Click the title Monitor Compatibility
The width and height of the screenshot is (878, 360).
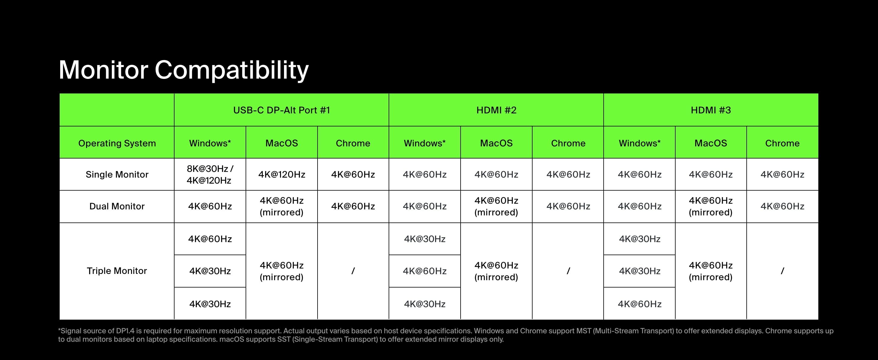click(x=184, y=70)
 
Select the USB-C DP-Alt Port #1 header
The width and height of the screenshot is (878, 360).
click(x=282, y=110)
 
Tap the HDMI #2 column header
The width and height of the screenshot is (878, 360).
click(x=496, y=110)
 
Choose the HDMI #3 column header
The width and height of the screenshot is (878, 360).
click(x=711, y=110)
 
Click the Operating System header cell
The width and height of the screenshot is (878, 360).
click(x=117, y=143)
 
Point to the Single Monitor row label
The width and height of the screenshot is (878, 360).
click(x=117, y=175)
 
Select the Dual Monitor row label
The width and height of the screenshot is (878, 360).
click(x=117, y=206)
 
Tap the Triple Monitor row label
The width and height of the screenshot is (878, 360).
click(x=117, y=271)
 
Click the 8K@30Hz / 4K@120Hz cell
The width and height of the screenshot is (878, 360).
click(x=210, y=175)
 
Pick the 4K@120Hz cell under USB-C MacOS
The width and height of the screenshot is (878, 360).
click(x=282, y=175)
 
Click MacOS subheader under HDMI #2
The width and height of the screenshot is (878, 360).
click(x=496, y=143)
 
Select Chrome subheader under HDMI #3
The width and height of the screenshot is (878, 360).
click(x=782, y=143)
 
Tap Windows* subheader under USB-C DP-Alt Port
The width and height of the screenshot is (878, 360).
click(x=210, y=143)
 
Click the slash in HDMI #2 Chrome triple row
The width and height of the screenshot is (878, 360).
click(x=568, y=271)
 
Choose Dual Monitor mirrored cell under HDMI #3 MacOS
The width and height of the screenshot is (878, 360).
click(x=711, y=206)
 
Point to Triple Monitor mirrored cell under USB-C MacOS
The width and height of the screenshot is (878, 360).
click(x=282, y=271)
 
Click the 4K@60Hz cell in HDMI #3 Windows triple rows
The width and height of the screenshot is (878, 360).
click(x=639, y=304)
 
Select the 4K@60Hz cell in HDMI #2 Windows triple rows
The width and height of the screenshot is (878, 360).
click(x=425, y=271)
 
